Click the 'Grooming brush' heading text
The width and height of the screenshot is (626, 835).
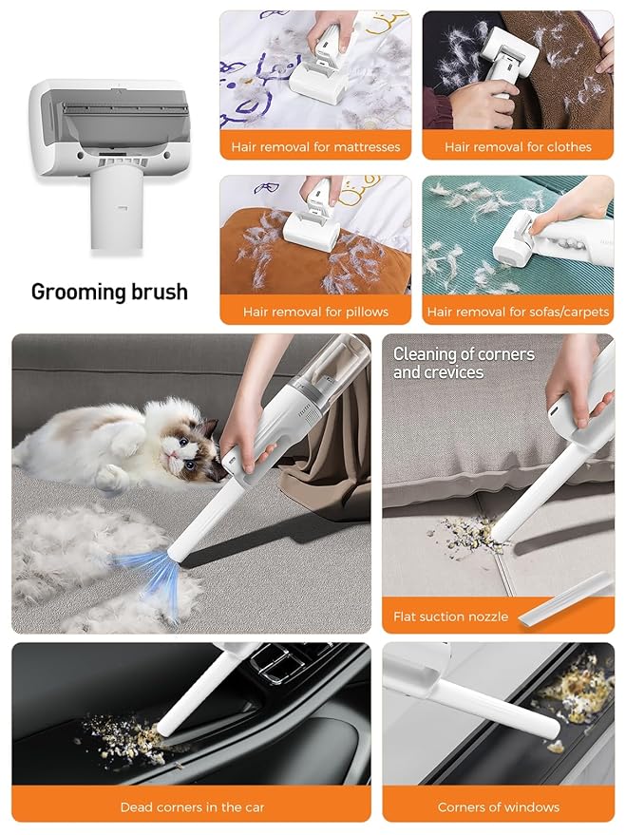[x=109, y=292]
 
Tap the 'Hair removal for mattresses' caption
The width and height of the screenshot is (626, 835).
[x=315, y=147]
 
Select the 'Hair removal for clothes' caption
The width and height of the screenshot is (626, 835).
[x=518, y=147]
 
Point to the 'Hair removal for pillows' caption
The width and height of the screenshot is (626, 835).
[x=315, y=312]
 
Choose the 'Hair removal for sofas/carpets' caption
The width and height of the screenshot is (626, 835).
[x=518, y=312]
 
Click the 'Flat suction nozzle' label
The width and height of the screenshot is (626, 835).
[x=450, y=617]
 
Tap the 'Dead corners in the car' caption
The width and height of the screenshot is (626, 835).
[x=192, y=807]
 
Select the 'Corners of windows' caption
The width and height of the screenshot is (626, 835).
[x=498, y=807]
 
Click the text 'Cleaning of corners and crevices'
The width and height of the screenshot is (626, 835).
[x=464, y=363]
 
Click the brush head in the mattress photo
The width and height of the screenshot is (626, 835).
[x=315, y=75]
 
